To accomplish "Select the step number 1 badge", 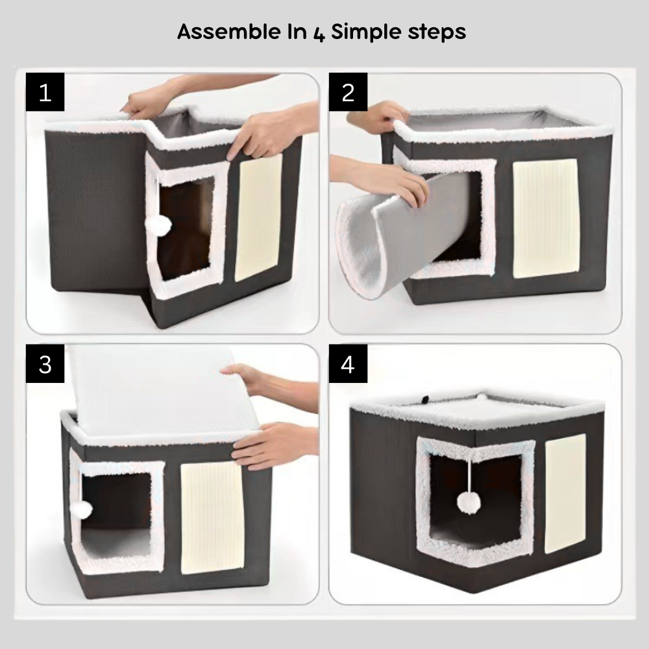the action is [x=45, y=92].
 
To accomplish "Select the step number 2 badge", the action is [x=348, y=92].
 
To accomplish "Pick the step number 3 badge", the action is [x=45, y=364].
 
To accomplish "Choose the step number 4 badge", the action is [x=348, y=364].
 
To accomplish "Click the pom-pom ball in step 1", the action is [x=158, y=226].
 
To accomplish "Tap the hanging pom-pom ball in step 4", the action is [x=469, y=502].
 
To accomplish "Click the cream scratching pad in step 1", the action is [x=259, y=218].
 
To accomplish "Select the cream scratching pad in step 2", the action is [x=546, y=219].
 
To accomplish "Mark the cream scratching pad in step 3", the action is [x=212, y=517].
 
